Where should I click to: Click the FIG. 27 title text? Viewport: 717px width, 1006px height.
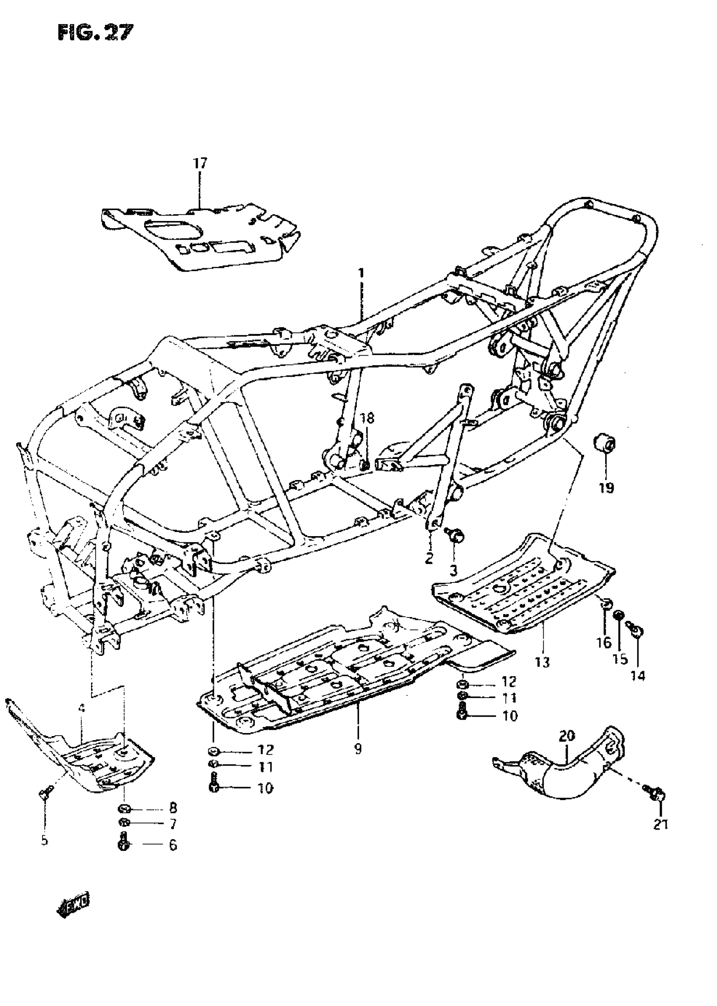point(94,32)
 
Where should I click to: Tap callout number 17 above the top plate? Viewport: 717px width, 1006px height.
point(199,163)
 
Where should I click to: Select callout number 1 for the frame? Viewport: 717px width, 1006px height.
point(361,273)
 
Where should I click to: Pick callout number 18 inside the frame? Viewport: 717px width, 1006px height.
point(367,418)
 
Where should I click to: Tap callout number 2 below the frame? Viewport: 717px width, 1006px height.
point(429,558)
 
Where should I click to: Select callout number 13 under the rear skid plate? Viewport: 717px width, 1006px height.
point(543,662)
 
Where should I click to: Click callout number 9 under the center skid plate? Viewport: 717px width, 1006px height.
point(358,748)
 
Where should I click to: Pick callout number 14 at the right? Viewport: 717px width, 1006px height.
point(638,675)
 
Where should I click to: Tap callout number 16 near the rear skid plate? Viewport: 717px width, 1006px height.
point(604,643)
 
